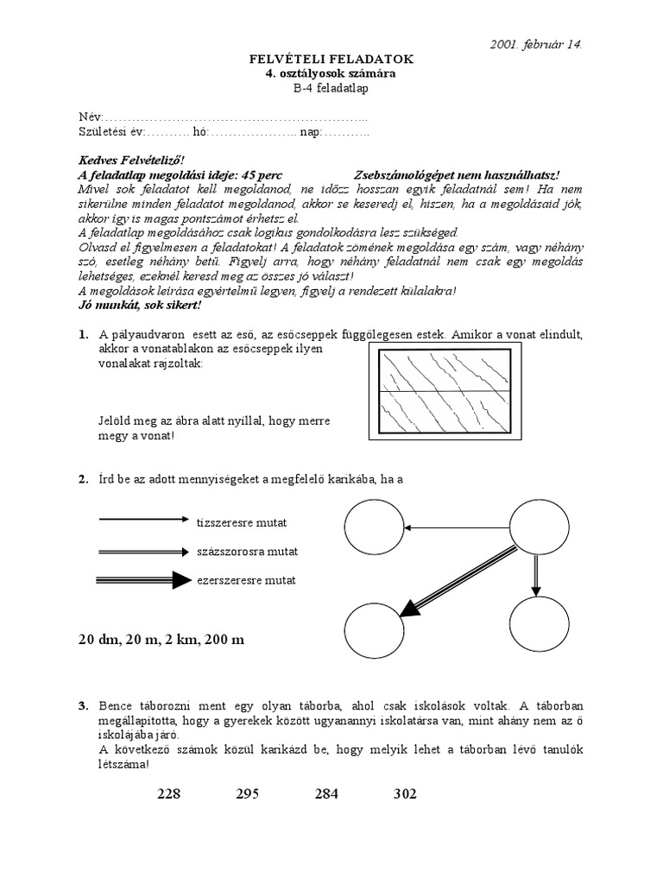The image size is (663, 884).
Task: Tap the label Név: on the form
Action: pyautogui.click(x=90, y=117)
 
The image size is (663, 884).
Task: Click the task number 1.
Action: pyautogui.click(x=83, y=334)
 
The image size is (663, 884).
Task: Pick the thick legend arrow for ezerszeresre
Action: pyautogui.click(x=144, y=580)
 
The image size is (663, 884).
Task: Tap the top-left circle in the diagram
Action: pyautogui.click(x=374, y=527)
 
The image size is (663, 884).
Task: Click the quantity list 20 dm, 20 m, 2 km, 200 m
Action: pyautogui.click(x=161, y=640)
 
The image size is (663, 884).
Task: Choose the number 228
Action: pyautogui.click(x=170, y=794)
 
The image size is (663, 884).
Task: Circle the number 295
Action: pyautogui.click(x=247, y=794)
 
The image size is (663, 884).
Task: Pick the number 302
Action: pyautogui.click(x=405, y=794)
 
